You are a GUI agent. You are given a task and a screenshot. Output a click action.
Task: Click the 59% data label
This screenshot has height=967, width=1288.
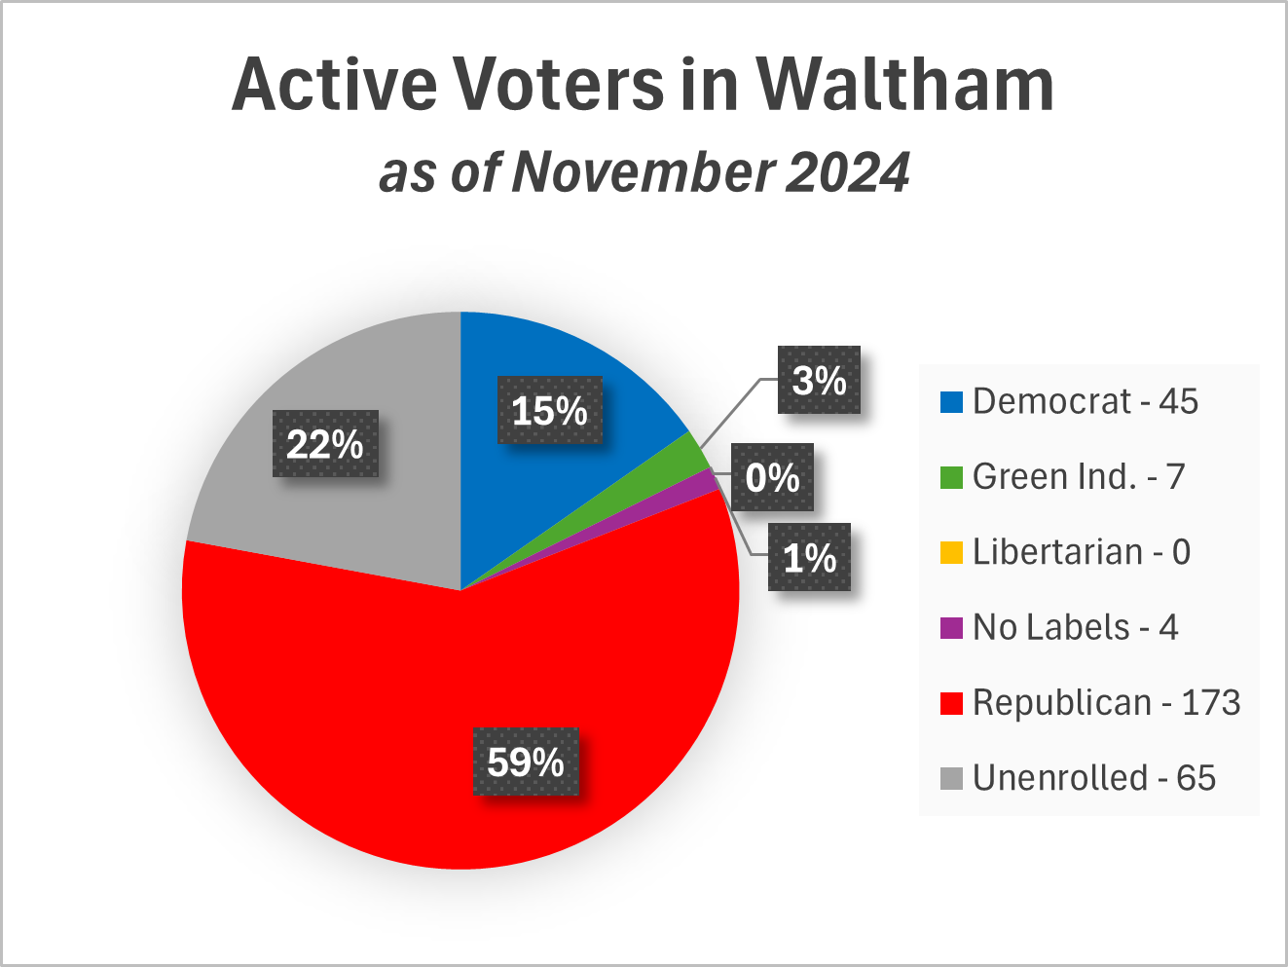[x=526, y=762]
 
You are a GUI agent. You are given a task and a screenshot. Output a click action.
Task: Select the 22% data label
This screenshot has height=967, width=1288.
[x=325, y=444]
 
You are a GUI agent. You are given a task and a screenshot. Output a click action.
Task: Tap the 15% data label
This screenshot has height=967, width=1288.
[x=550, y=410]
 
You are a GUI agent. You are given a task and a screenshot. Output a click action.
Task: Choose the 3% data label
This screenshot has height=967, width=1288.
[x=819, y=380]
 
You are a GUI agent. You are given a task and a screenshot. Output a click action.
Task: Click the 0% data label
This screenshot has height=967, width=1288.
[x=772, y=477]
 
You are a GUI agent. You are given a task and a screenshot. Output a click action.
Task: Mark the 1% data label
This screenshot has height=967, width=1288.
[x=809, y=558]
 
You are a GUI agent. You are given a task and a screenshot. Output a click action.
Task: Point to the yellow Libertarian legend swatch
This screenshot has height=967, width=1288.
[x=951, y=553]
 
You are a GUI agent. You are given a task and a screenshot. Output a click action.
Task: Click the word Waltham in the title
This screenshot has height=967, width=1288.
[x=905, y=85]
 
